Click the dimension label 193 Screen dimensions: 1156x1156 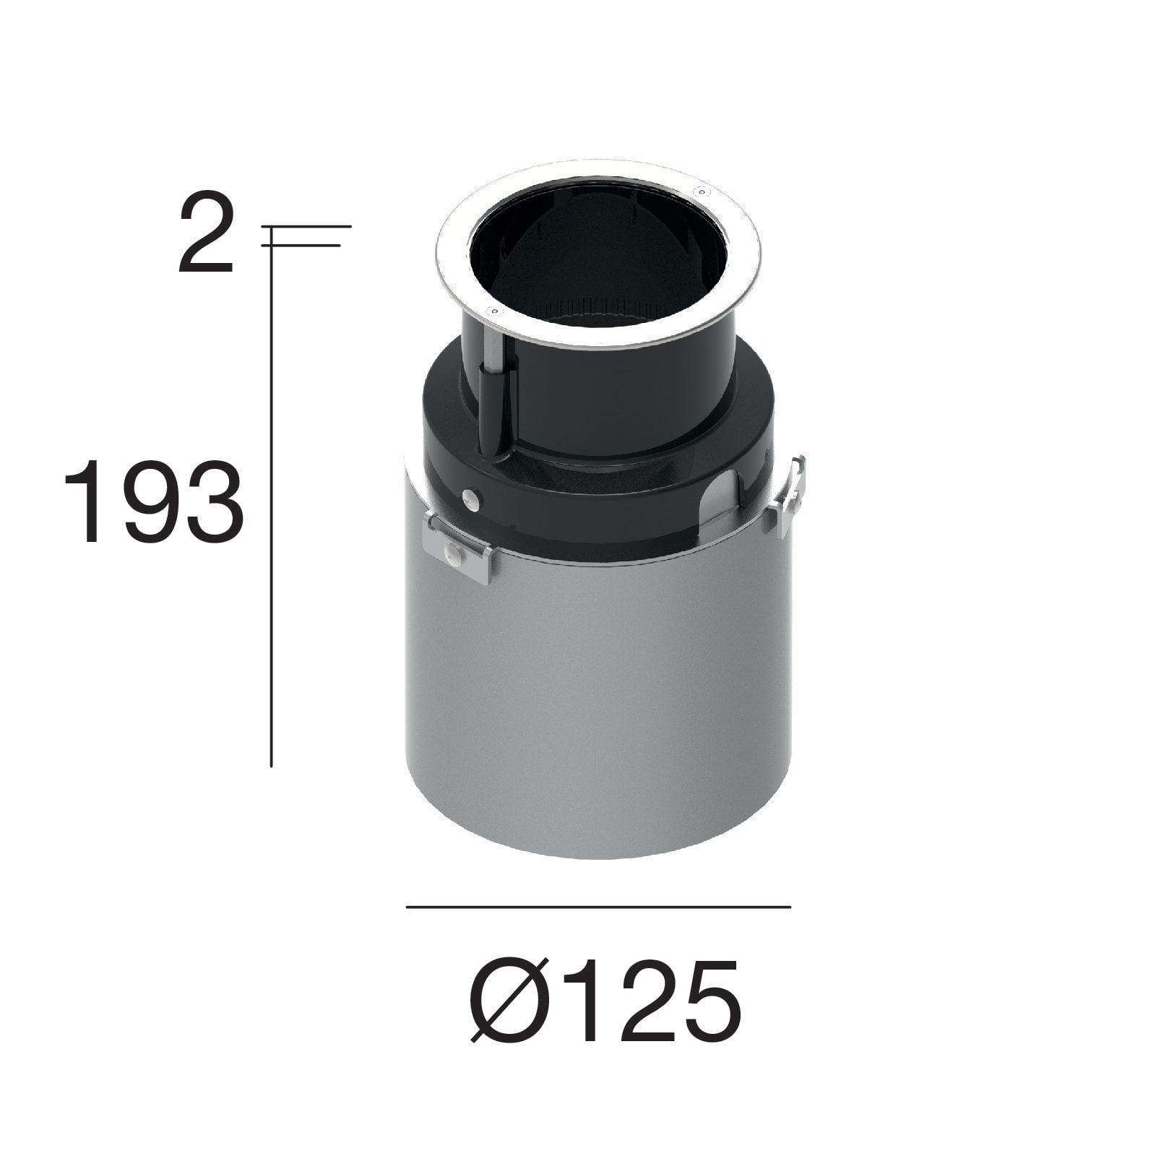[154, 501]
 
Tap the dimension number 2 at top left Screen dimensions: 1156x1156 [207, 233]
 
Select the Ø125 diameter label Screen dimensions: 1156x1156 [605, 1001]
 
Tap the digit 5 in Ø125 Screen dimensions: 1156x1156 [704, 1001]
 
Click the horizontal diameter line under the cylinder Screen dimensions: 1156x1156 [598, 907]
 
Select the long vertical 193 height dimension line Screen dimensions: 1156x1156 [271, 506]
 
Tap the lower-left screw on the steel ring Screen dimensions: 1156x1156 [495, 311]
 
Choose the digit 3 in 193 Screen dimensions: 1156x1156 [212, 501]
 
